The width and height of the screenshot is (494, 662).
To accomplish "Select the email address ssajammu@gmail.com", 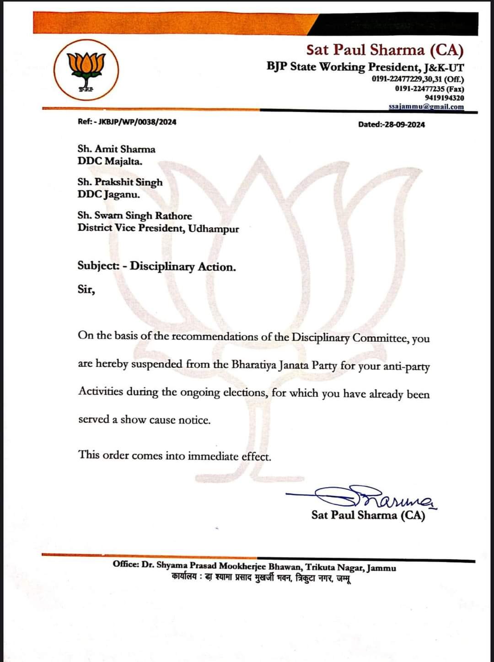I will coord(426,107).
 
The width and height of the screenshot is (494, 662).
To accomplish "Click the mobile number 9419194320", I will coord(444,98).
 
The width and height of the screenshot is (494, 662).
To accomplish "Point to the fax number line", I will coord(429,89).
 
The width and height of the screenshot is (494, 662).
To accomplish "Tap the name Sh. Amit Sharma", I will coord(116,149).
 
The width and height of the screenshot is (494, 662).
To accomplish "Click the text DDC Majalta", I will coord(110,161).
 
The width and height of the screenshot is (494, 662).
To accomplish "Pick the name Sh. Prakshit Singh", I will coord(120,182).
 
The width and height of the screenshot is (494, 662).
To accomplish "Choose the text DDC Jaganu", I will coord(109,194).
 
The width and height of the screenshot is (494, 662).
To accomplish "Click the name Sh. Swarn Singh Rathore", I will coord(134,216).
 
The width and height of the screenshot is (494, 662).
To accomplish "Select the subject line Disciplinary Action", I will coord(183,266).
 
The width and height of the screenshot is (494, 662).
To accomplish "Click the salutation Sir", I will coord(86,290).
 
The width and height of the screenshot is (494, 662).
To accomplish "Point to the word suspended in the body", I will coord(157,364).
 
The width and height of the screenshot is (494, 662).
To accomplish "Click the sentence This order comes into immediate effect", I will coord(174,456).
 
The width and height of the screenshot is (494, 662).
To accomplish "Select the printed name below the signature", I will coord(368,515).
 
